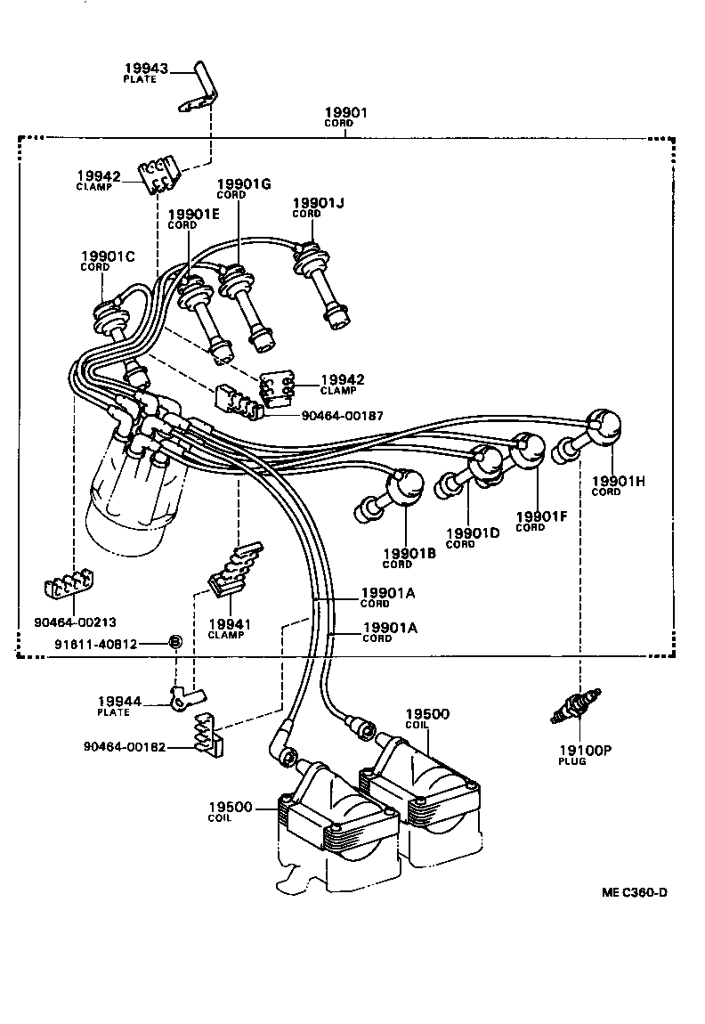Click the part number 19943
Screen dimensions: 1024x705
pos(144,69)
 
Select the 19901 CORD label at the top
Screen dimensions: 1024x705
pos(344,114)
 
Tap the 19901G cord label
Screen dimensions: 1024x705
pos(243,184)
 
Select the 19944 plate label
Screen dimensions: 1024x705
pos(119,703)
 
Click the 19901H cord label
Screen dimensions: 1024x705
pos(618,482)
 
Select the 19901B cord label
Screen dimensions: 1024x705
pos(409,553)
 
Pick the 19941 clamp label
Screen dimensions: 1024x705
pos(230,625)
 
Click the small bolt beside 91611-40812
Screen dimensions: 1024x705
pos(175,643)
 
